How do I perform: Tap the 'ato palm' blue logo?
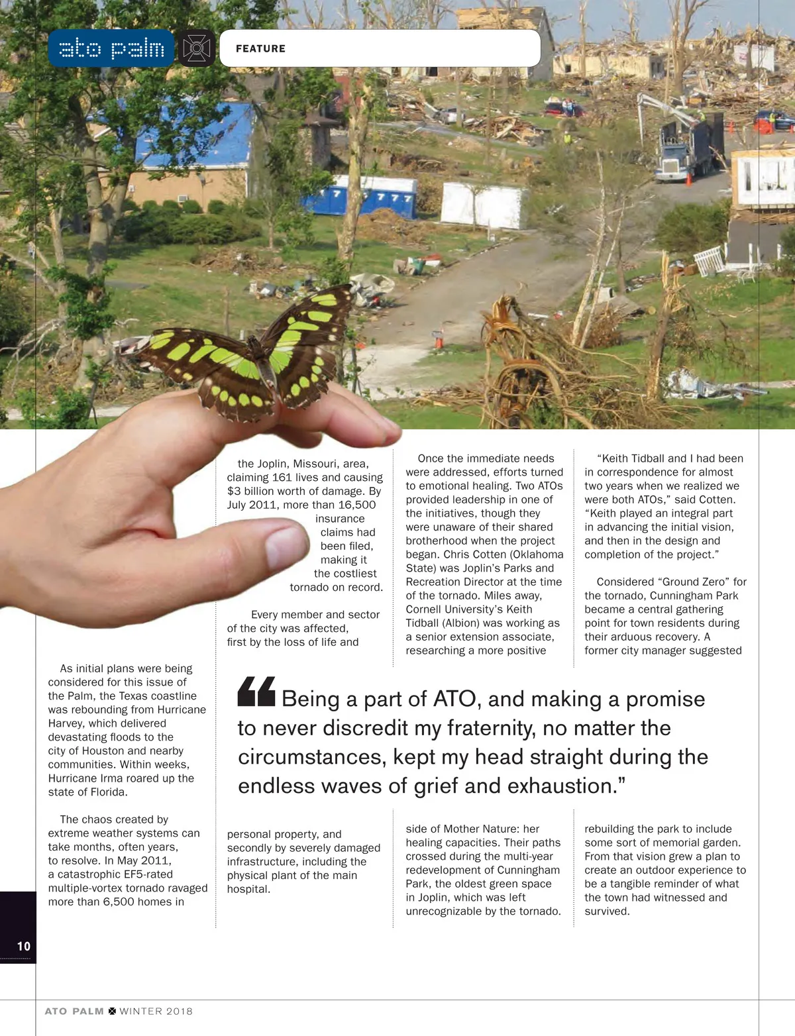point(111,48)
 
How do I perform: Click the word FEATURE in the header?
point(260,48)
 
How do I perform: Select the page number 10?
point(24,946)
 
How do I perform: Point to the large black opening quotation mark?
point(256,692)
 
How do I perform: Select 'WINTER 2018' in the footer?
point(156,1011)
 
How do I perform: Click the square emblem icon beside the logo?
point(196,48)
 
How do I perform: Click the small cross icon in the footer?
point(112,1011)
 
